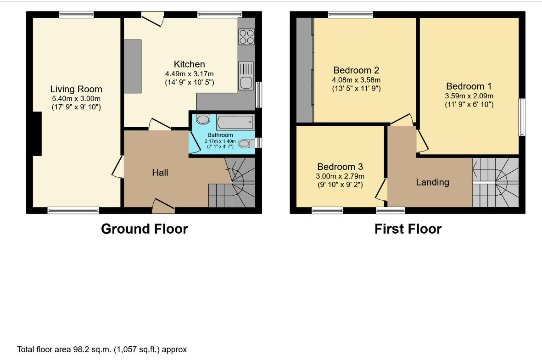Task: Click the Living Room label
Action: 76,89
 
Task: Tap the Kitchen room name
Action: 190,64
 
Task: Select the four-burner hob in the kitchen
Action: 246,37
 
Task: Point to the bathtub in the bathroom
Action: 235,123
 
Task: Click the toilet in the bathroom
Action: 246,143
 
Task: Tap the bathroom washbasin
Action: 202,120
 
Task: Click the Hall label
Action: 160,173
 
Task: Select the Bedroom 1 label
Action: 469,86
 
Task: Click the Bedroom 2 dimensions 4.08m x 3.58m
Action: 357,80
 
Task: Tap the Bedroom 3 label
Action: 340,167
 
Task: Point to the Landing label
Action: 432,182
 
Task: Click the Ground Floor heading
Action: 145,229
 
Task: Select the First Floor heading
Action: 408,229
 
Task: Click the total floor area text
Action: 102,349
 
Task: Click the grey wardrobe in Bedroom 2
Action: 305,70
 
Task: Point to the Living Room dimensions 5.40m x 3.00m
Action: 76,99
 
